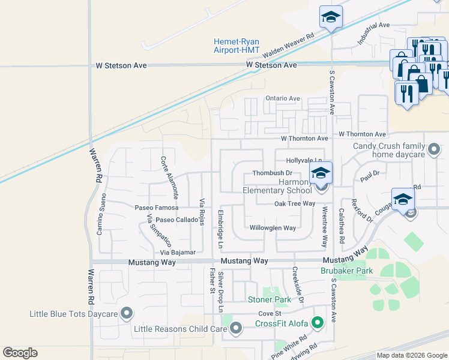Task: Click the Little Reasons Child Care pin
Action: pos(236,328)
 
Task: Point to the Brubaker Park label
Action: pos(346,271)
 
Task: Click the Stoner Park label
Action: pos(270,299)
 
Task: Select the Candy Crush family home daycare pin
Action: pos(433,149)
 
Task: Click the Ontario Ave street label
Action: pos(283,98)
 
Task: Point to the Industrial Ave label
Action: pos(373,34)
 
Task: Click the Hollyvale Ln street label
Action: pos(304,161)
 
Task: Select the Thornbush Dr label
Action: pos(271,173)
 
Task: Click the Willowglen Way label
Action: pos(273,228)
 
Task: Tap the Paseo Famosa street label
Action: pos(157,208)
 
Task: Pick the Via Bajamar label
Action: pos(178,253)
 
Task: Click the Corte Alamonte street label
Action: pos(169,178)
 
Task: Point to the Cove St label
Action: pos(270,314)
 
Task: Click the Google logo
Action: pos(20,353)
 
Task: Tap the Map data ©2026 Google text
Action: pos(411,355)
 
